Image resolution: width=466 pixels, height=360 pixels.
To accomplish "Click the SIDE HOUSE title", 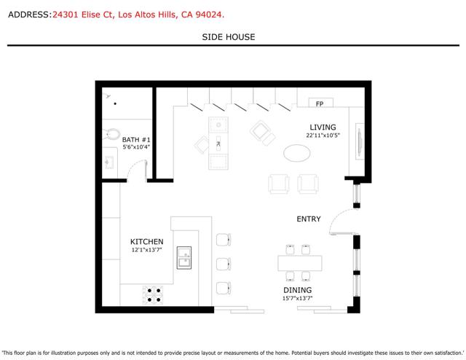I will click(229, 37).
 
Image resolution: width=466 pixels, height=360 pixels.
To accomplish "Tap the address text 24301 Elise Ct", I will click(82, 15).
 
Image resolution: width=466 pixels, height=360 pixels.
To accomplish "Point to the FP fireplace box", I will click(319, 103).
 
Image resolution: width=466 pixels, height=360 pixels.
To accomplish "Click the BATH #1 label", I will click(136, 139).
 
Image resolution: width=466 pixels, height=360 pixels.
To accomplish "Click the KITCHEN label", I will click(146, 242).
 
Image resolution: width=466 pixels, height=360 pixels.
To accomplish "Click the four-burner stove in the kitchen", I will click(154, 294).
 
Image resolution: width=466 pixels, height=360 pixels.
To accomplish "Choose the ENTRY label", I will click(309, 219).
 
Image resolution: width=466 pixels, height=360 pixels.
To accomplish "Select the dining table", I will click(300, 262).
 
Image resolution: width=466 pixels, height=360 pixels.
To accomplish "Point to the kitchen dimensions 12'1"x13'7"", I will click(146, 251).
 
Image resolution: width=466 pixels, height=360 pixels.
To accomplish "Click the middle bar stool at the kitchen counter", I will click(224, 262).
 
